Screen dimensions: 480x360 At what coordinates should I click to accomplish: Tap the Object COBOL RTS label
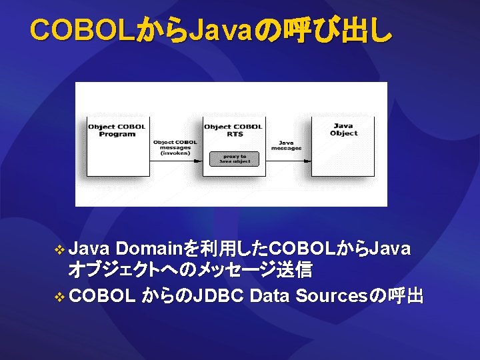coord(233,130)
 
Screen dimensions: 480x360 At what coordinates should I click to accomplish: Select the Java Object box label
coord(343,129)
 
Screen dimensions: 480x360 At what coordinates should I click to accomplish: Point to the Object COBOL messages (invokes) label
coord(175,147)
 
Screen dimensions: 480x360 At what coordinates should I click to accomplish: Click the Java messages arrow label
coord(286,145)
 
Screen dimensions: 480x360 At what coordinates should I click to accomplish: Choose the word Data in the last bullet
coord(269,295)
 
